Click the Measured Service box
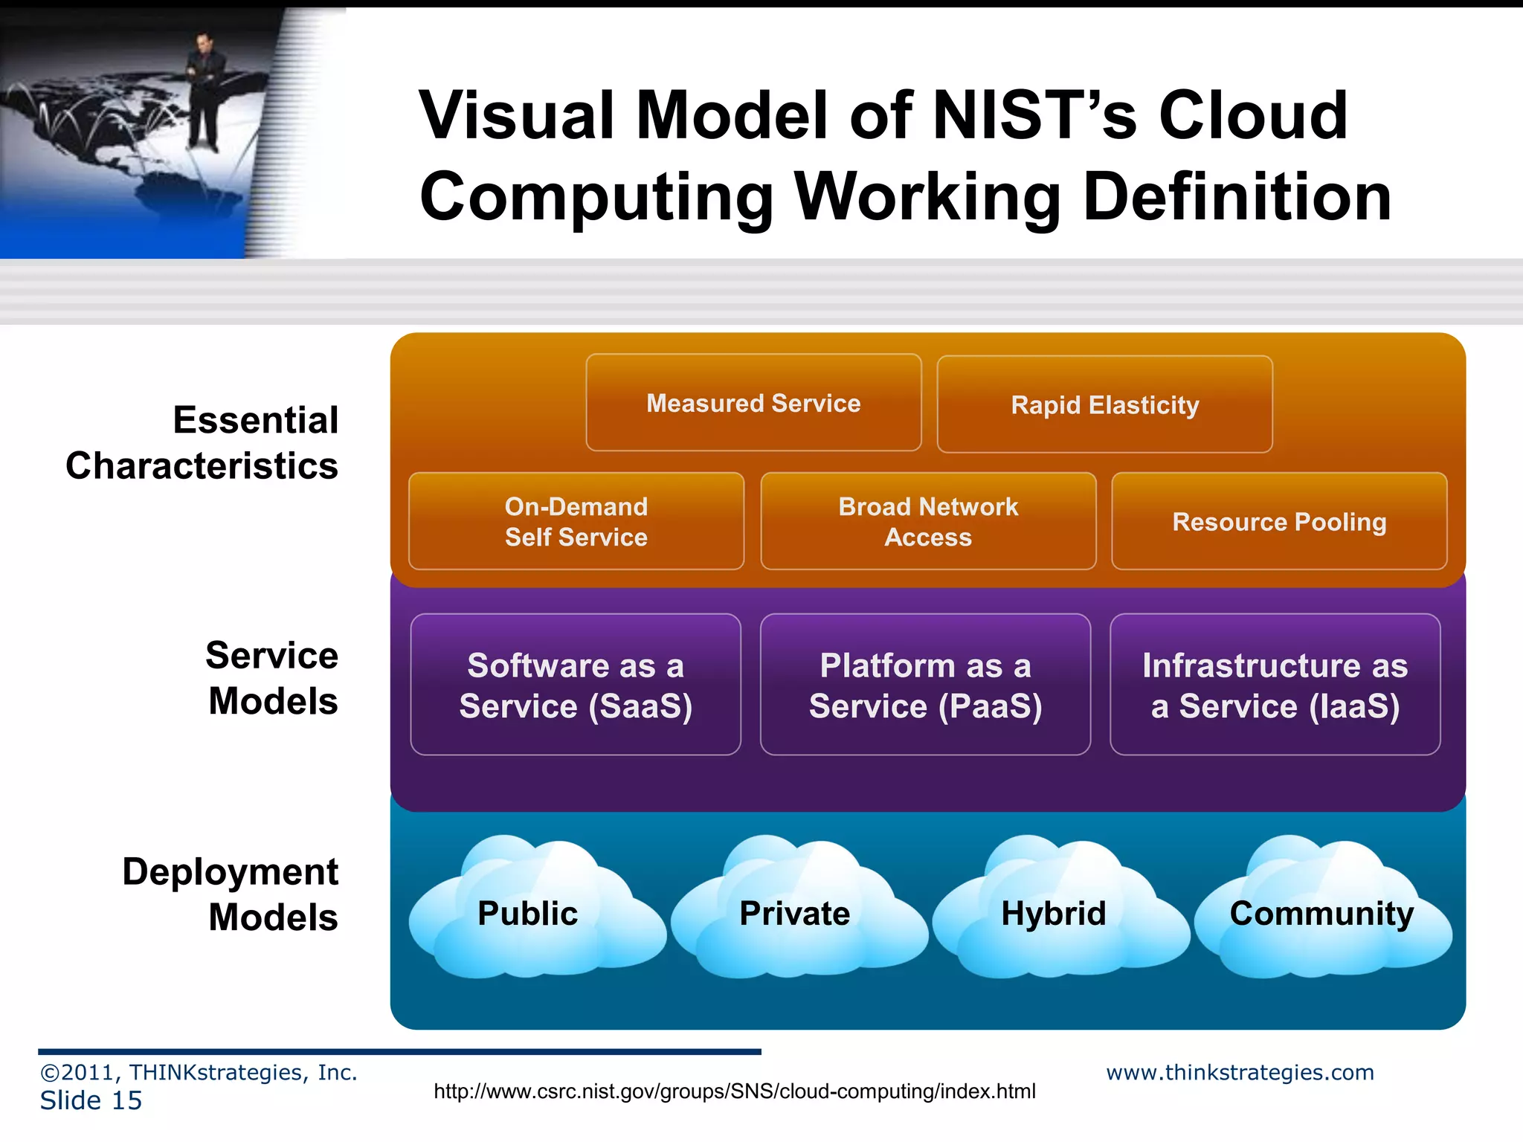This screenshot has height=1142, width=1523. point(753,403)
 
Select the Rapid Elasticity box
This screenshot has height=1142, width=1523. point(1104,404)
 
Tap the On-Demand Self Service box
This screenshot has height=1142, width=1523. point(576,521)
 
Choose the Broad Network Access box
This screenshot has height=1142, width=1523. point(928,521)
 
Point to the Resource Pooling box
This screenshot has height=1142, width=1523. point(1279,521)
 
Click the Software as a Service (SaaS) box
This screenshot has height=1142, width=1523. point(576,685)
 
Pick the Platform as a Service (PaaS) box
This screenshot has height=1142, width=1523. point(925,685)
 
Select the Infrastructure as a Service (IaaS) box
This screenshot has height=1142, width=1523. point(1275,685)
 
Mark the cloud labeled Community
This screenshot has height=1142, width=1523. point(1321,913)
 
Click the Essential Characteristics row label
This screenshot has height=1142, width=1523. point(202,443)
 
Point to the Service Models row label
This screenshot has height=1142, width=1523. point(272,678)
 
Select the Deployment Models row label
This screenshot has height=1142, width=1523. point(231,894)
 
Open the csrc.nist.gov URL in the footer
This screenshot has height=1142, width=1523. point(734,1091)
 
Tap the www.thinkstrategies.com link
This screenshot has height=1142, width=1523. point(1240,1072)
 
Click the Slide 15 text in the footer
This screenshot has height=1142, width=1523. point(91,1100)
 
